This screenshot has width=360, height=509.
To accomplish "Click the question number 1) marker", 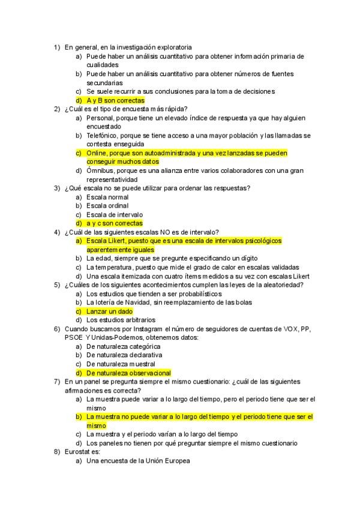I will click(56, 47).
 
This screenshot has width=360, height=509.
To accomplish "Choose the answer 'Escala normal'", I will click(107, 197).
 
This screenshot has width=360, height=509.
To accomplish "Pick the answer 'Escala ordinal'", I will click(107, 206).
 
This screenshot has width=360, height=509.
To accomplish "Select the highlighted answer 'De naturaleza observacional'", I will click(128, 373).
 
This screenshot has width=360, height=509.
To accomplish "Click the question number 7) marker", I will click(56, 382).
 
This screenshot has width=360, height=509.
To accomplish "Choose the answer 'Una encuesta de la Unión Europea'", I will click(137, 461).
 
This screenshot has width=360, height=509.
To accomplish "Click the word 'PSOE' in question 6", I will click(74, 338).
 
